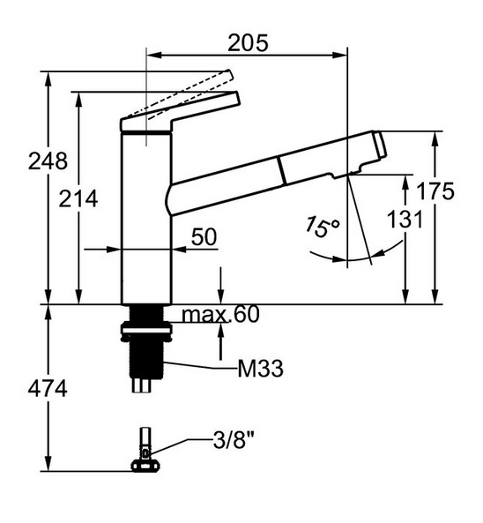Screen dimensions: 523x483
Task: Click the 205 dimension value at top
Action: point(248,41)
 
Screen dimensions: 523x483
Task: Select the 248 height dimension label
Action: point(47,161)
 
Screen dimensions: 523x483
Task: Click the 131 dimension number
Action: point(405,220)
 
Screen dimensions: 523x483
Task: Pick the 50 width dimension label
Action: point(204,236)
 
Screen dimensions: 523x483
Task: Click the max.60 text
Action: point(220,315)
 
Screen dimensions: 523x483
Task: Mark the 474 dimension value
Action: point(47,389)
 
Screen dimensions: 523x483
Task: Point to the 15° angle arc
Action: point(331,257)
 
